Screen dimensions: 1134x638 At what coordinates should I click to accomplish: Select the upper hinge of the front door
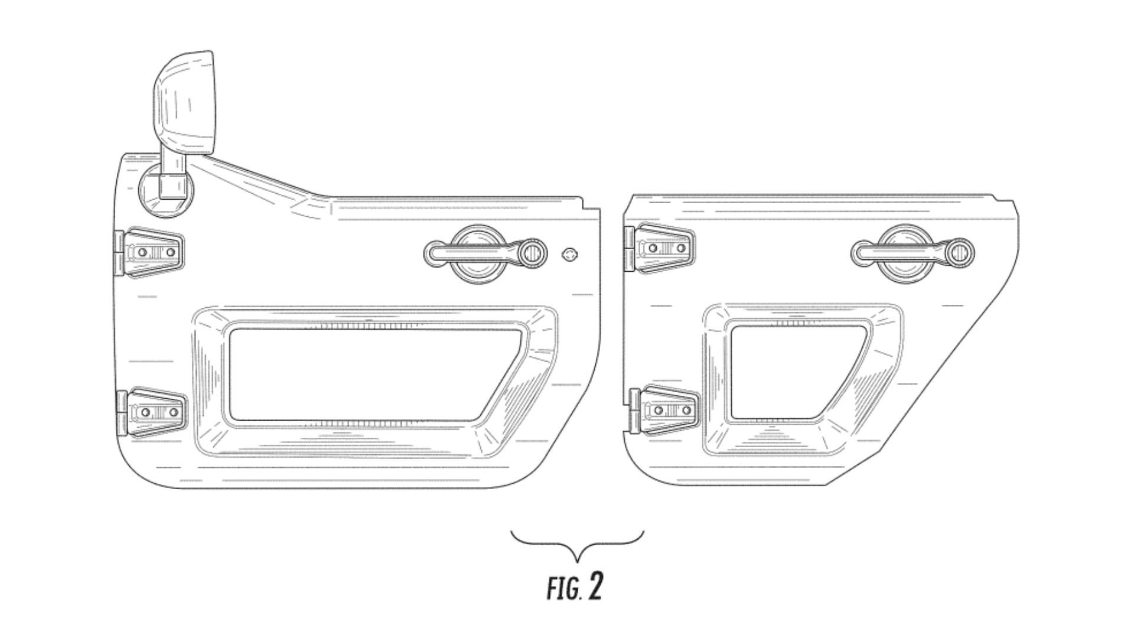149,252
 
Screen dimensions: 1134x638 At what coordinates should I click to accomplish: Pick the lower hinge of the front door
151,412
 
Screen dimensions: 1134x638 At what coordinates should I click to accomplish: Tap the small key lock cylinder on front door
569,255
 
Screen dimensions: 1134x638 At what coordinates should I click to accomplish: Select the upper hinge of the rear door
659,249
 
